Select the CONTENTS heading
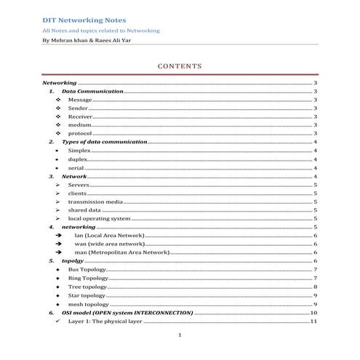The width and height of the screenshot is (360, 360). click(180, 67)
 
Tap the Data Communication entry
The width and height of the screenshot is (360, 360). click(92, 92)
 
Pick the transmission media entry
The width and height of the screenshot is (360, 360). click(95, 201)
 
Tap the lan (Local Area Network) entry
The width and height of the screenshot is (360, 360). click(109, 236)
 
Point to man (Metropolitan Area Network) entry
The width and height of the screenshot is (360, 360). click(121, 252)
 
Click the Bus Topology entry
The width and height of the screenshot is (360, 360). click(87, 269)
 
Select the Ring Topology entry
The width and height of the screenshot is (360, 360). click(88, 278)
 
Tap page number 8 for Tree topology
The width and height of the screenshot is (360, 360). click(315, 287)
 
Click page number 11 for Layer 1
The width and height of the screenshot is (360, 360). click(313, 321)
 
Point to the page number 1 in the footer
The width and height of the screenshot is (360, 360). click(180, 336)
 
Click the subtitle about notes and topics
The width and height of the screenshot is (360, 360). click(101, 31)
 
